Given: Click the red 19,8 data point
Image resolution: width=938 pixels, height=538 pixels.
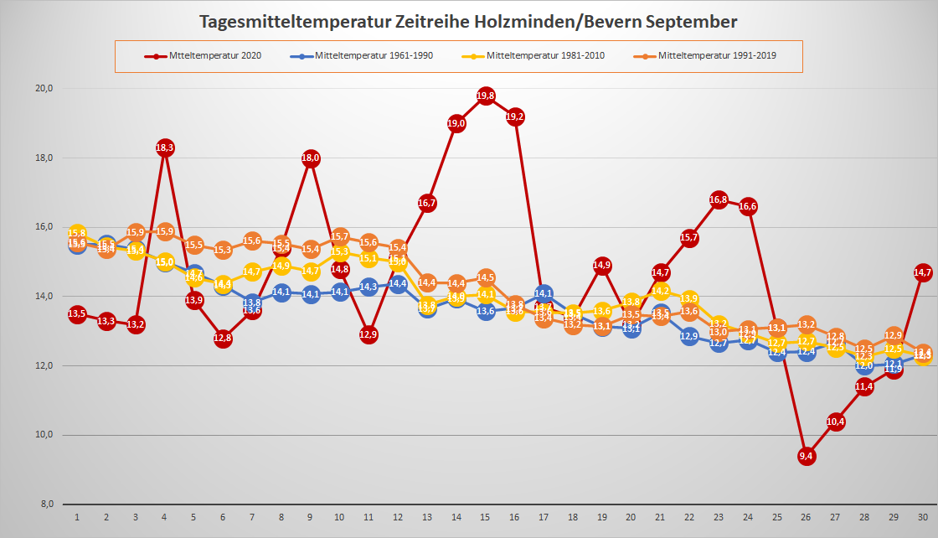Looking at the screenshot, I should click(x=486, y=96).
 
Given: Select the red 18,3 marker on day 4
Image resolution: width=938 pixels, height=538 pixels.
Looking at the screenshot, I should click(x=165, y=147).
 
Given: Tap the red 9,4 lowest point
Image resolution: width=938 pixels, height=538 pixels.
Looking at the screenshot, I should click(x=807, y=456).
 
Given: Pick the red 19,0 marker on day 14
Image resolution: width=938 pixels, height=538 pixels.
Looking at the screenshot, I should click(x=456, y=123).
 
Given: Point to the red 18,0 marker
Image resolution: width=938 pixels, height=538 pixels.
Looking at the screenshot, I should click(x=311, y=158).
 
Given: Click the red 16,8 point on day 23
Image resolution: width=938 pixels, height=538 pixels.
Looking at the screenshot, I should click(x=719, y=199).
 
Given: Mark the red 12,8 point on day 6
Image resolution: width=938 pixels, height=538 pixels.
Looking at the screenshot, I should click(x=223, y=339).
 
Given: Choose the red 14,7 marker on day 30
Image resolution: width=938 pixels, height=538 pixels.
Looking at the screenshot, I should click(x=923, y=272).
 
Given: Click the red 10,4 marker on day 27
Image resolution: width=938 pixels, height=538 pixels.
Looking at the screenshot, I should click(x=835, y=422).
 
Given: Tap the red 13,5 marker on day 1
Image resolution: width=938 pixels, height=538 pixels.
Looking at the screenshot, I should click(x=77, y=314).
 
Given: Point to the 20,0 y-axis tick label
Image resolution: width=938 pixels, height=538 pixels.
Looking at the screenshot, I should click(x=44, y=89).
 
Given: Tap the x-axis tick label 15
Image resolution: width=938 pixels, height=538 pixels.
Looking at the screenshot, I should click(x=486, y=518).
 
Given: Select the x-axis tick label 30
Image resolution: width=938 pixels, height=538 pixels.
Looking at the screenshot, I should click(x=923, y=518).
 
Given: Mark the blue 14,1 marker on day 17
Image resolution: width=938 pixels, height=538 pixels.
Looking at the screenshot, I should click(x=544, y=293).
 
